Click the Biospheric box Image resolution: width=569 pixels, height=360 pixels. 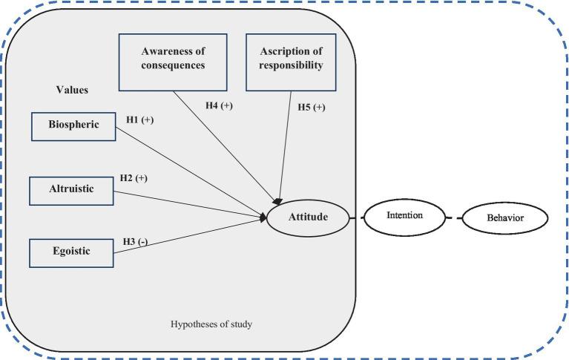[74, 125]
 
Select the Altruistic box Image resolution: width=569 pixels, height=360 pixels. [72, 190]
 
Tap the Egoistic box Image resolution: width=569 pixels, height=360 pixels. [71, 252]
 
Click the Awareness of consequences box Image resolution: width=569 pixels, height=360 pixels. [173, 57]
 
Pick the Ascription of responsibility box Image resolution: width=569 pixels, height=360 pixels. [291, 59]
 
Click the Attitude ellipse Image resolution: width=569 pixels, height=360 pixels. [307, 217]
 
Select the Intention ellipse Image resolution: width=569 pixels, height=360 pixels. [404, 216]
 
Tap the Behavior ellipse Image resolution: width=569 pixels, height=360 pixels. [504, 218]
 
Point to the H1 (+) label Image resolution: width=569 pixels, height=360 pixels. [139, 120]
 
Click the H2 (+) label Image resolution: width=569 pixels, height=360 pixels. [134, 179]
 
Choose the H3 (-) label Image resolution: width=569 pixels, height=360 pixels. [135, 242]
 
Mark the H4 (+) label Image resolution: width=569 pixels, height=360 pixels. [219, 105]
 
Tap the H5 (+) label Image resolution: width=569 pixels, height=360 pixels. [312, 108]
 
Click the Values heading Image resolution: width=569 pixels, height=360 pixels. [72, 90]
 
